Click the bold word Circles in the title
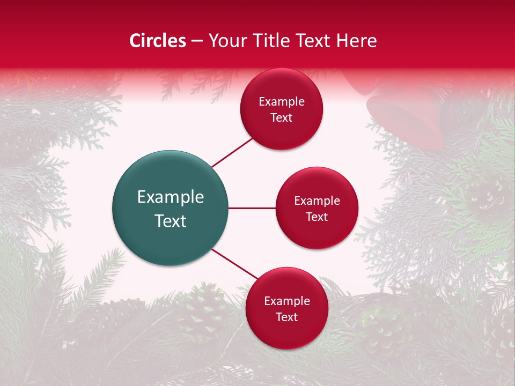(157, 41)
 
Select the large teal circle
(171, 208)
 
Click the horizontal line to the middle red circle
(252, 208)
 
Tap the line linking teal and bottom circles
(234, 264)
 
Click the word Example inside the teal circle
(171, 197)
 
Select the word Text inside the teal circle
(171, 221)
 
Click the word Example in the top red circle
(282, 102)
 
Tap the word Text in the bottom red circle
(286, 317)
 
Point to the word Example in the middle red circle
(317, 201)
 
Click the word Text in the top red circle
(282, 118)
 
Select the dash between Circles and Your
(197, 41)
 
